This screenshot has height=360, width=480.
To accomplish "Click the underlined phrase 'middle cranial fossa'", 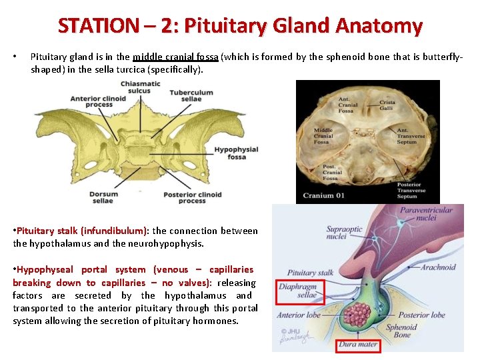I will [175, 57].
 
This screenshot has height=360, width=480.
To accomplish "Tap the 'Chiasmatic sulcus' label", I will [140, 87].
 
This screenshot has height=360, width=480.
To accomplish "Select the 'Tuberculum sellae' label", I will [191, 96].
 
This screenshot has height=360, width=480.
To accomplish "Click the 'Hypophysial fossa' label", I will [236, 153].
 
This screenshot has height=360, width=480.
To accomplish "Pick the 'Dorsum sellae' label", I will [103, 197].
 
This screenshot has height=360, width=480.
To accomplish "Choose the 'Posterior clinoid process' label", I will [193, 197].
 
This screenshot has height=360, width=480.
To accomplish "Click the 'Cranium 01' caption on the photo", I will [325, 195].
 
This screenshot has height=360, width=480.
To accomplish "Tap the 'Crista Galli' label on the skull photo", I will [387, 105].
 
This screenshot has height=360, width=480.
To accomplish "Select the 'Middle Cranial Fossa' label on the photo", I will [323, 136].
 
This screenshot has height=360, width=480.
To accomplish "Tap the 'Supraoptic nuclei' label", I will [345, 233].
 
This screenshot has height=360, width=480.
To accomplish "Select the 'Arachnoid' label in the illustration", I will [438, 267].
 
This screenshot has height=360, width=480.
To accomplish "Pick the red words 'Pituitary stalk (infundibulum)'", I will [81, 231].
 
